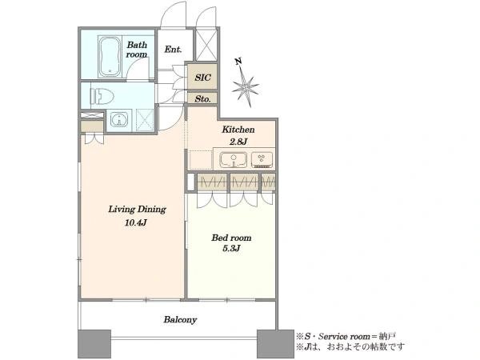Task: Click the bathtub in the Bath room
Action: click(110, 57)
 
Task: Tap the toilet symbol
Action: click(102, 97)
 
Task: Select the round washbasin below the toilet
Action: click(118, 119)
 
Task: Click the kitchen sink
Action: click(234, 160)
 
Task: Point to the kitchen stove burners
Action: click(262, 159)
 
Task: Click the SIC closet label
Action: click(202, 77)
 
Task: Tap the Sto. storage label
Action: click(202, 99)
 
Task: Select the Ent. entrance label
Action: click(173, 49)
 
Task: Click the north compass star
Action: click(246, 86)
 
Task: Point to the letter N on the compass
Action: click(238, 62)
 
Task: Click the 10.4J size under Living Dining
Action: click(136, 222)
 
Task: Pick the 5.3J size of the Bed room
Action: click(231, 248)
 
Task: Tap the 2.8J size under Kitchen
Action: click(238, 142)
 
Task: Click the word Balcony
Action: click(180, 320)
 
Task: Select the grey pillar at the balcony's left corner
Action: click(94, 344)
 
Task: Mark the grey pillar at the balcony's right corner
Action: click(275, 344)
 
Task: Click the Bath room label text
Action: click(137, 50)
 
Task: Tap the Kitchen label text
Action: click(238, 130)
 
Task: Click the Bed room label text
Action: click(231, 238)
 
